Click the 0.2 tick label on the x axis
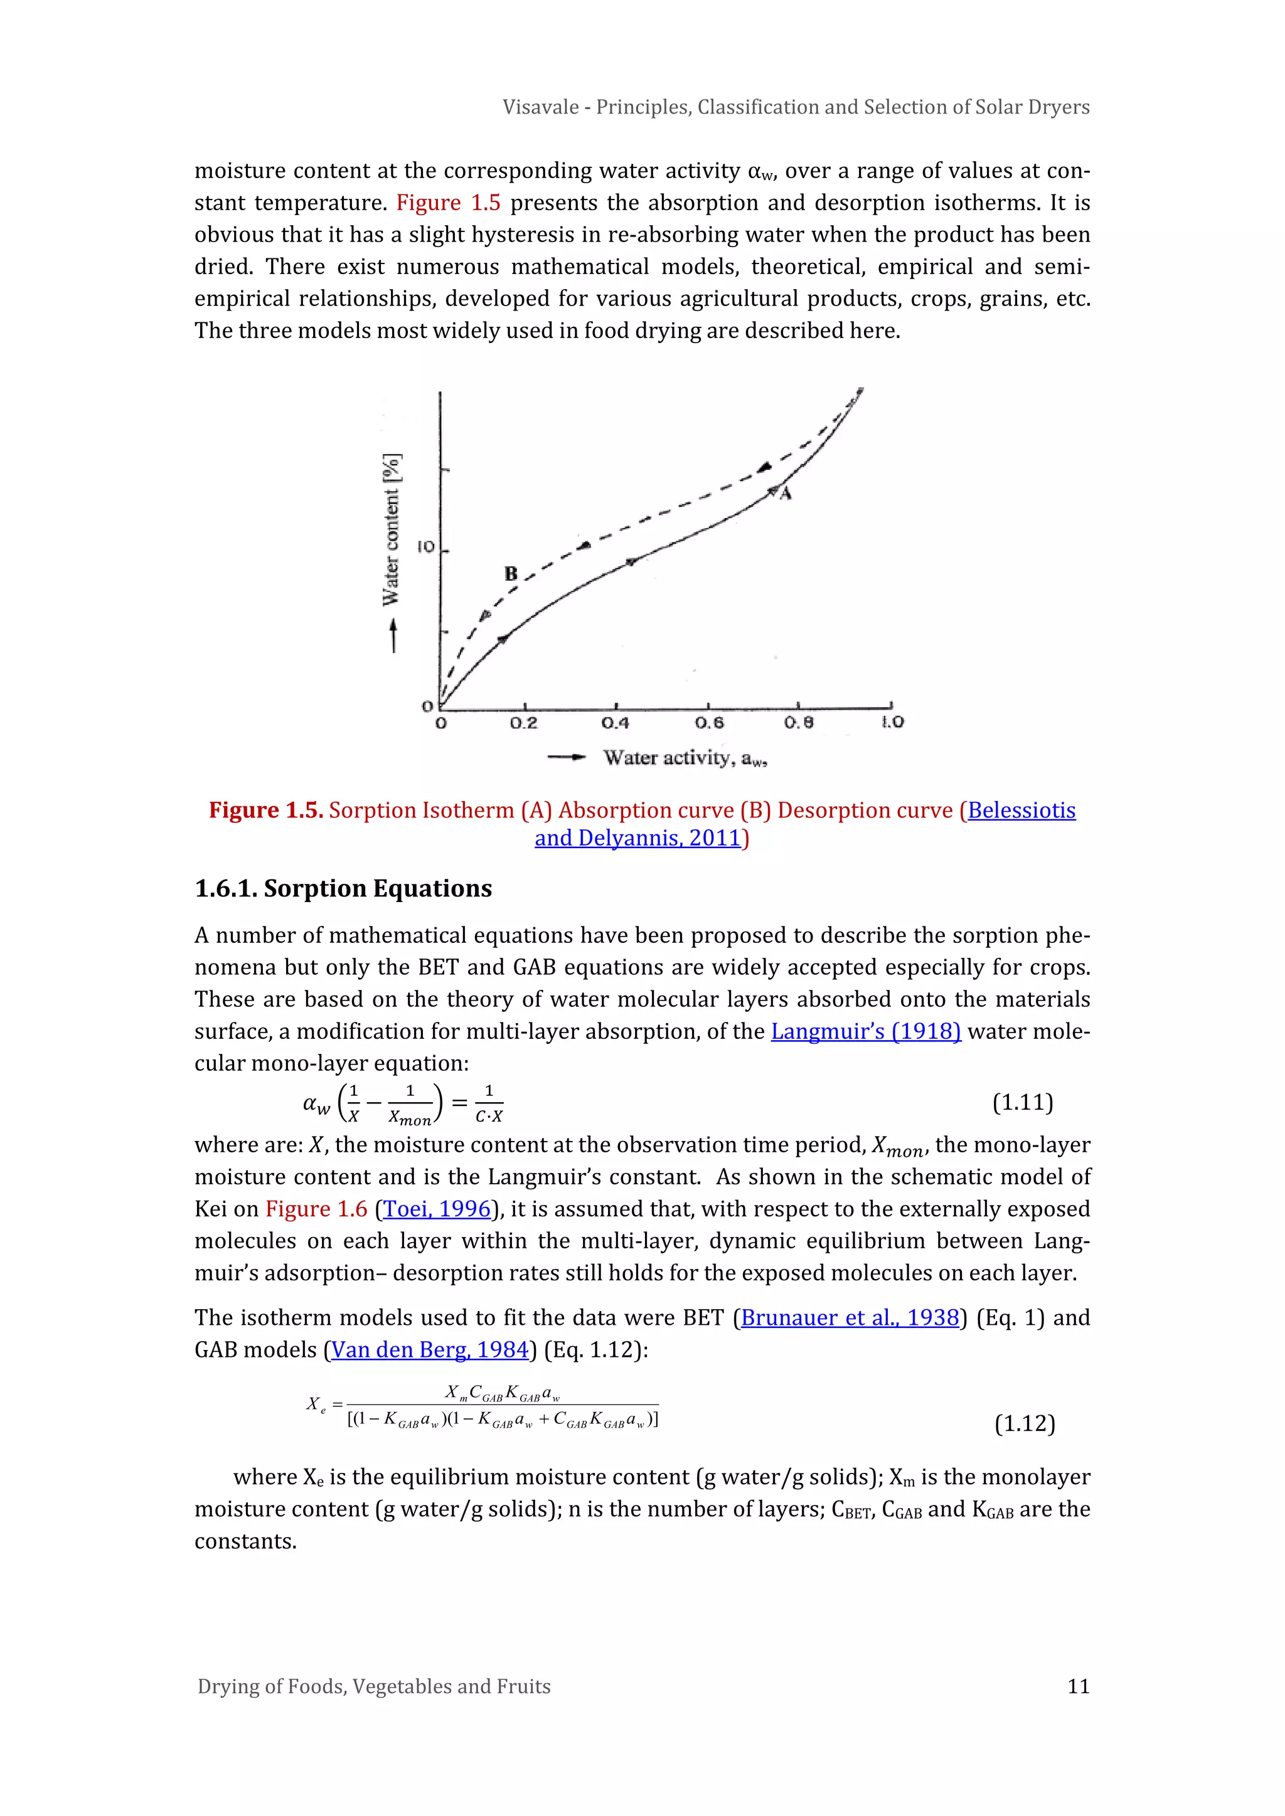tap(523, 723)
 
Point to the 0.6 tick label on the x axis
tap(709, 723)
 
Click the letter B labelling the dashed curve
tap(511, 573)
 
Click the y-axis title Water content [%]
tap(392, 530)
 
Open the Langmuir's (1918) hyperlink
tap(866, 1031)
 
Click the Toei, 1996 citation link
tap(437, 1209)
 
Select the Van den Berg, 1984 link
tap(429, 1349)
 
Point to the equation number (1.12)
tap(1025, 1424)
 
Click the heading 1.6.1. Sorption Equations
tap(343, 888)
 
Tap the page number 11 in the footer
tap(1079, 1686)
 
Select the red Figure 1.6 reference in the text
tap(316, 1209)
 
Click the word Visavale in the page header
tap(540, 107)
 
